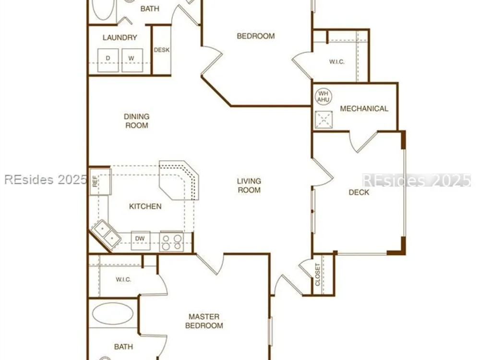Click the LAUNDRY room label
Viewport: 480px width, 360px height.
pos(120,37)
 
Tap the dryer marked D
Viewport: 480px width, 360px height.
pos(108,60)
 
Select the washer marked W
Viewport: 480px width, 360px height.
pos(132,60)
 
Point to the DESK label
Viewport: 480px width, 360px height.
pos(162,50)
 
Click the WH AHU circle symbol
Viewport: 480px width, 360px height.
pos(323,96)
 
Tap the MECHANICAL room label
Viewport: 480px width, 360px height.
pos(364,108)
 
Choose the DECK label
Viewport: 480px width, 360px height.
pos(359,192)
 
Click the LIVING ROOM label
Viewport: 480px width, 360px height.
pos(249,185)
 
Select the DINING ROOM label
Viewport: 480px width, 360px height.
pos(136,121)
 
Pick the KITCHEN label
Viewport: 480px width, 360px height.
pos(145,206)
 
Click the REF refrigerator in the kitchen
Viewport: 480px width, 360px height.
pos(100,181)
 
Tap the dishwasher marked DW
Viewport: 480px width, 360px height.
pos(141,240)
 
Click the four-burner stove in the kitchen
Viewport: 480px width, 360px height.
pos(171,241)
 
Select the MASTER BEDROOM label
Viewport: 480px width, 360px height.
pos(204,321)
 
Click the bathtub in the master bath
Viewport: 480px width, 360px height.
pos(113,313)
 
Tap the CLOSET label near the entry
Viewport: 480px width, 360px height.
pos(317,275)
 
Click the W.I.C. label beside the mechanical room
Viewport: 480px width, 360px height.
pos(337,62)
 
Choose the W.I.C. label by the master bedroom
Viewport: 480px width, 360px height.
pos(123,279)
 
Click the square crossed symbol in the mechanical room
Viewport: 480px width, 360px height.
pos(324,120)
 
